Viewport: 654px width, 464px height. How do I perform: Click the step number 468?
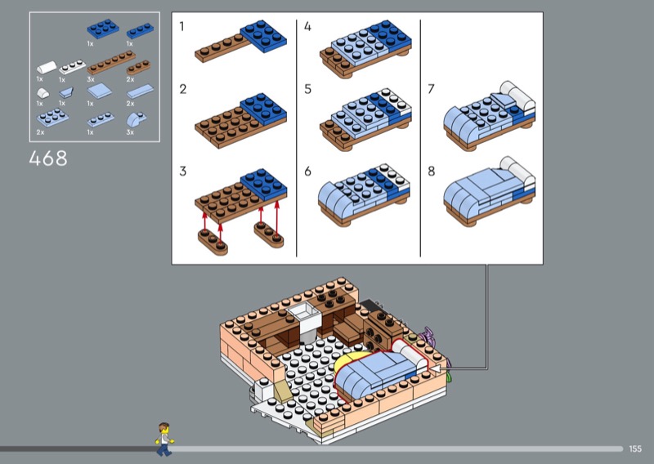(x=48, y=158)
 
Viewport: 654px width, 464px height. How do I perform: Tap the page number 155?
(x=635, y=448)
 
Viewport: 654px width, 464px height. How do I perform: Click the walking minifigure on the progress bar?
(x=164, y=439)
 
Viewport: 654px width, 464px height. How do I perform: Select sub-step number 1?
(x=181, y=27)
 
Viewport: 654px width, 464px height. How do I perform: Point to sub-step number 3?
(x=182, y=171)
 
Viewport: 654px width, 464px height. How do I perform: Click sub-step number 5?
(x=308, y=89)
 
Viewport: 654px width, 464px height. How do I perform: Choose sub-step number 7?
(x=432, y=89)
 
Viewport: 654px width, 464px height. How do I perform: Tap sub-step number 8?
(x=432, y=171)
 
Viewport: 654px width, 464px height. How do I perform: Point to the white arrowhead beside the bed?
(x=435, y=369)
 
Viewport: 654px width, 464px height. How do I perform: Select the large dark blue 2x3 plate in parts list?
(x=103, y=29)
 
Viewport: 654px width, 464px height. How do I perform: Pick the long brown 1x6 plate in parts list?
(x=111, y=62)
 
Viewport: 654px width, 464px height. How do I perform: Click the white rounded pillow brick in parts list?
(x=47, y=68)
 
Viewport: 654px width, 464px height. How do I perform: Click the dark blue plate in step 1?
(x=263, y=35)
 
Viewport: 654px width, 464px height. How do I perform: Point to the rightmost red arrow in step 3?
(x=276, y=217)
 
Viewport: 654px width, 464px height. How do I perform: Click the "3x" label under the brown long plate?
(x=91, y=79)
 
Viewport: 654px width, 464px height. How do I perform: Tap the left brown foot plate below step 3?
(x=213, y=241)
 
